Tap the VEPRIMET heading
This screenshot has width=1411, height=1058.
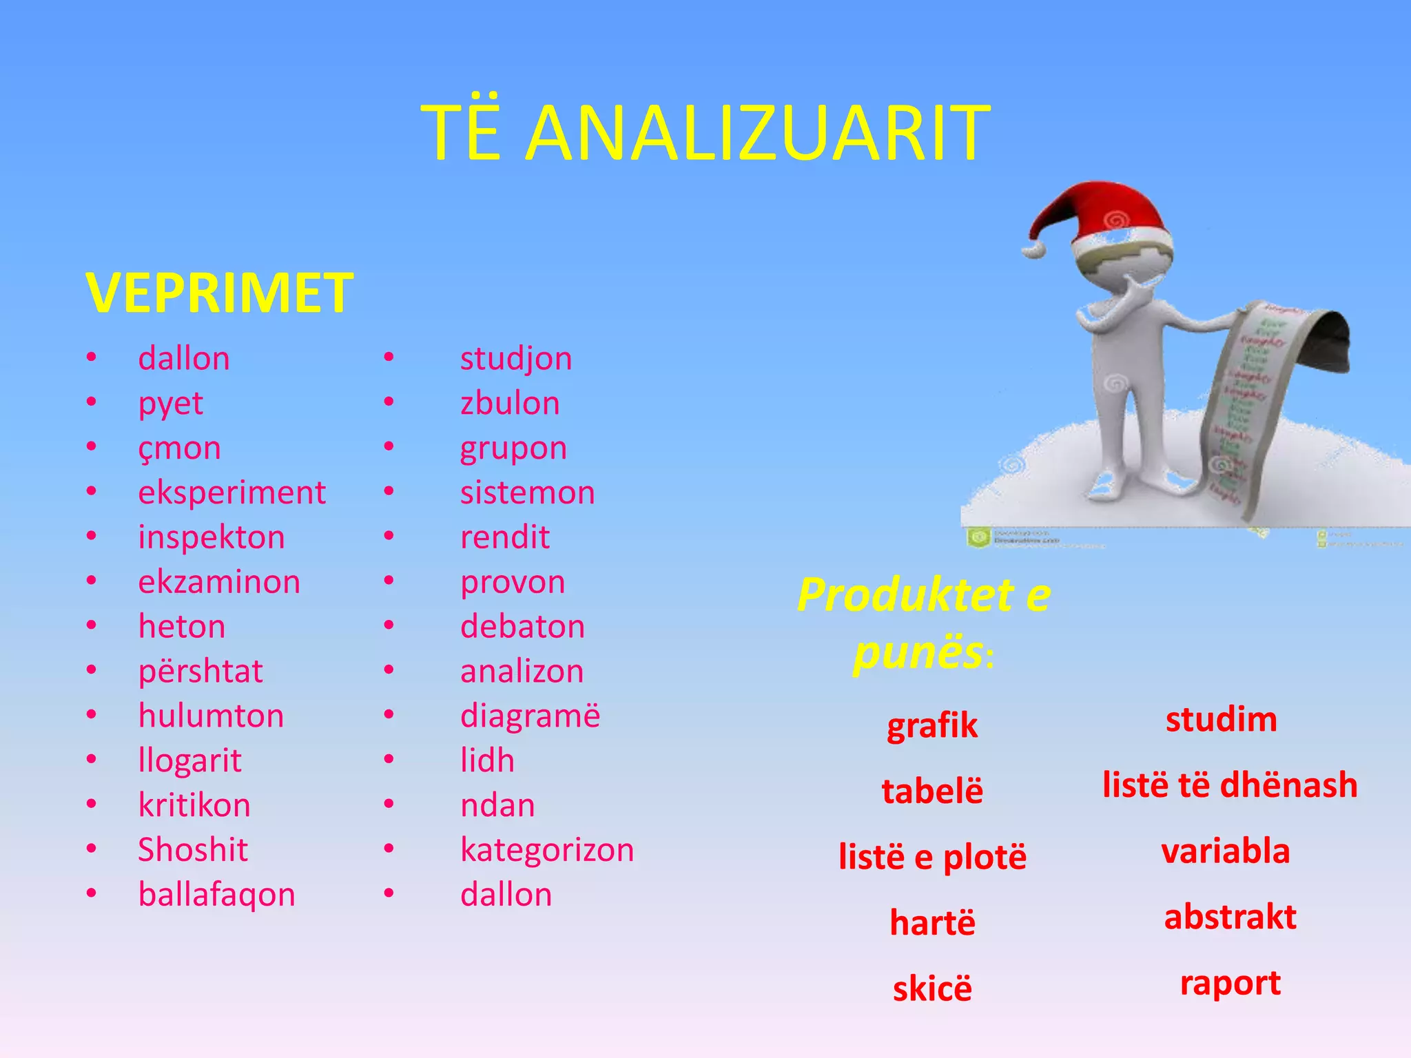coord(219,293)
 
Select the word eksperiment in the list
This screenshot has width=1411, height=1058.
coord(231,493)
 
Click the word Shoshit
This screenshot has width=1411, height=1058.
coord(192,850)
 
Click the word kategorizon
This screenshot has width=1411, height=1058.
coord(547,850)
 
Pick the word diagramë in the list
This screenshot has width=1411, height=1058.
coord(530,716)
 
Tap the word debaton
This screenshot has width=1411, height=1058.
coord(522,627)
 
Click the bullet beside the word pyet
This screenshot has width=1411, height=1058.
coord(92,402)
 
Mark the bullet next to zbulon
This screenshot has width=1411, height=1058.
coord(389,402)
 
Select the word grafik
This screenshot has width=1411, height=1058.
coord(931,726)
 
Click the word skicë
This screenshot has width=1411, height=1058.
coord(931,989)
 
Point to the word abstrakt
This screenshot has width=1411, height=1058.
coord(1230,917)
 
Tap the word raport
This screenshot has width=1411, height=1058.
coord(1230,984)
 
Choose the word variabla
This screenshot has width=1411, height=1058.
coord(1225,851)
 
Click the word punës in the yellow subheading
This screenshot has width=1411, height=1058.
coord(918,652)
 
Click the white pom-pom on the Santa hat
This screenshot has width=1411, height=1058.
coord(1033,249)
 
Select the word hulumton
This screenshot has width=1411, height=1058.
coord(211,716)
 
